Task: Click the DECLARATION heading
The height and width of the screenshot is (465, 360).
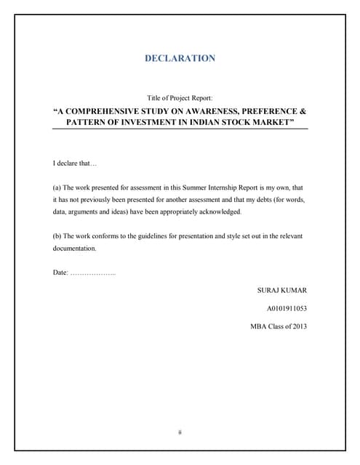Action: click(x=180, y=58)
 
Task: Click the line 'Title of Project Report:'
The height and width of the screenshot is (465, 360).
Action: click(x=180, y=98)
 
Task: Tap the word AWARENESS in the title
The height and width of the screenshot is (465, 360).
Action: click(x=213, y=112)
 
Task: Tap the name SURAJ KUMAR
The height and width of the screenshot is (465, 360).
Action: click(x=282, y=290)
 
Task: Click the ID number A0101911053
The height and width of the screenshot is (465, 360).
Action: click(x=287, y=308)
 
